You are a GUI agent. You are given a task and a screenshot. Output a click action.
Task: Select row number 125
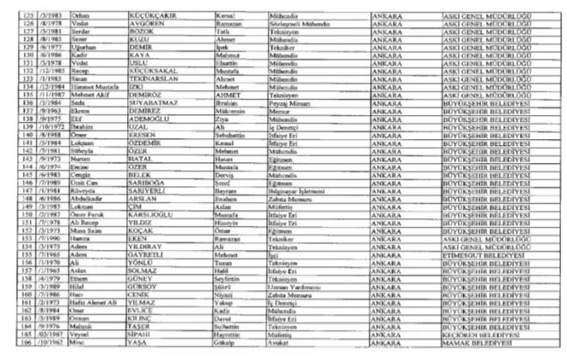pyautogui.click(x=13, y=15)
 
